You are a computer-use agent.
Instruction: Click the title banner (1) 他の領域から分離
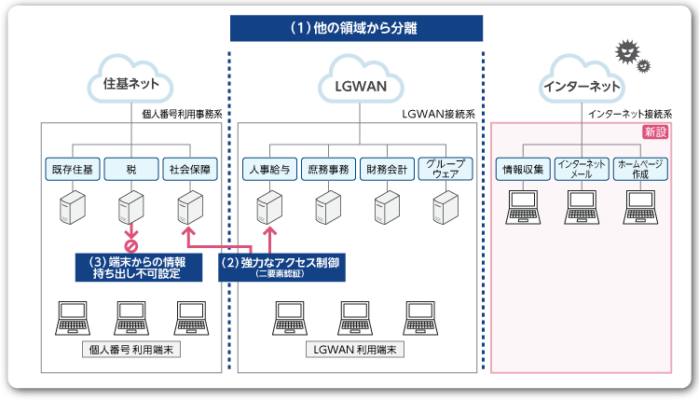356,28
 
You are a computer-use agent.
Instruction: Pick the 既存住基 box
72,170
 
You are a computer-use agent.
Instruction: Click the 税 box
131,170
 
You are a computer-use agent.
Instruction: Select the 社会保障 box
190,170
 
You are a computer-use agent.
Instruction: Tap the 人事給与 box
269,170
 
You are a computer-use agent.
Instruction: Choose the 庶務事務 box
328,170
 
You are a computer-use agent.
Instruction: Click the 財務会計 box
387,170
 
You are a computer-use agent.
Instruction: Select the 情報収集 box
523,170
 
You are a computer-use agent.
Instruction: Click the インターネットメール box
582,170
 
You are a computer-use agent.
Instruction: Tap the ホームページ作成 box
640,170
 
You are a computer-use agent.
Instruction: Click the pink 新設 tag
655,132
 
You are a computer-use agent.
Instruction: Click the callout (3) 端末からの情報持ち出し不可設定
138,267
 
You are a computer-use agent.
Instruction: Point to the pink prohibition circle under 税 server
131,246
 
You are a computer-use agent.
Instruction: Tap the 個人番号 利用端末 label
131,350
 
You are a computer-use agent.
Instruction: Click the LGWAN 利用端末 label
356,350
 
